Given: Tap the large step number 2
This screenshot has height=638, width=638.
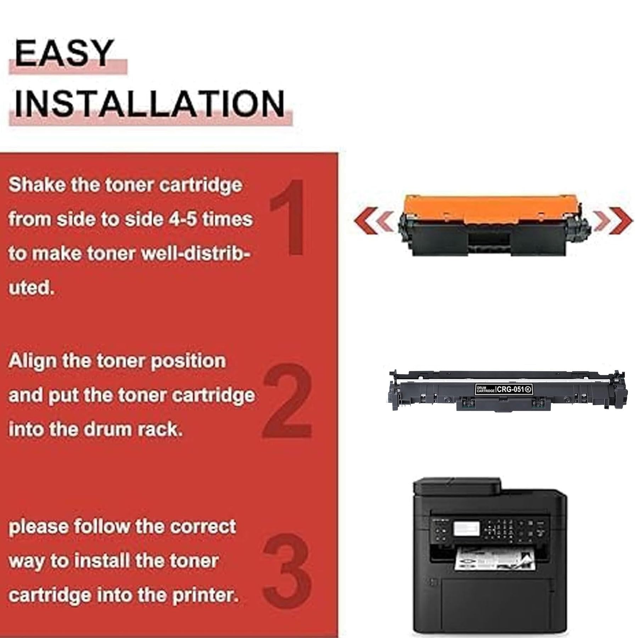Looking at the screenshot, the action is click(287, 401).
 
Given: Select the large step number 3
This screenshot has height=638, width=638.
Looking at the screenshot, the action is click(288, 573).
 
